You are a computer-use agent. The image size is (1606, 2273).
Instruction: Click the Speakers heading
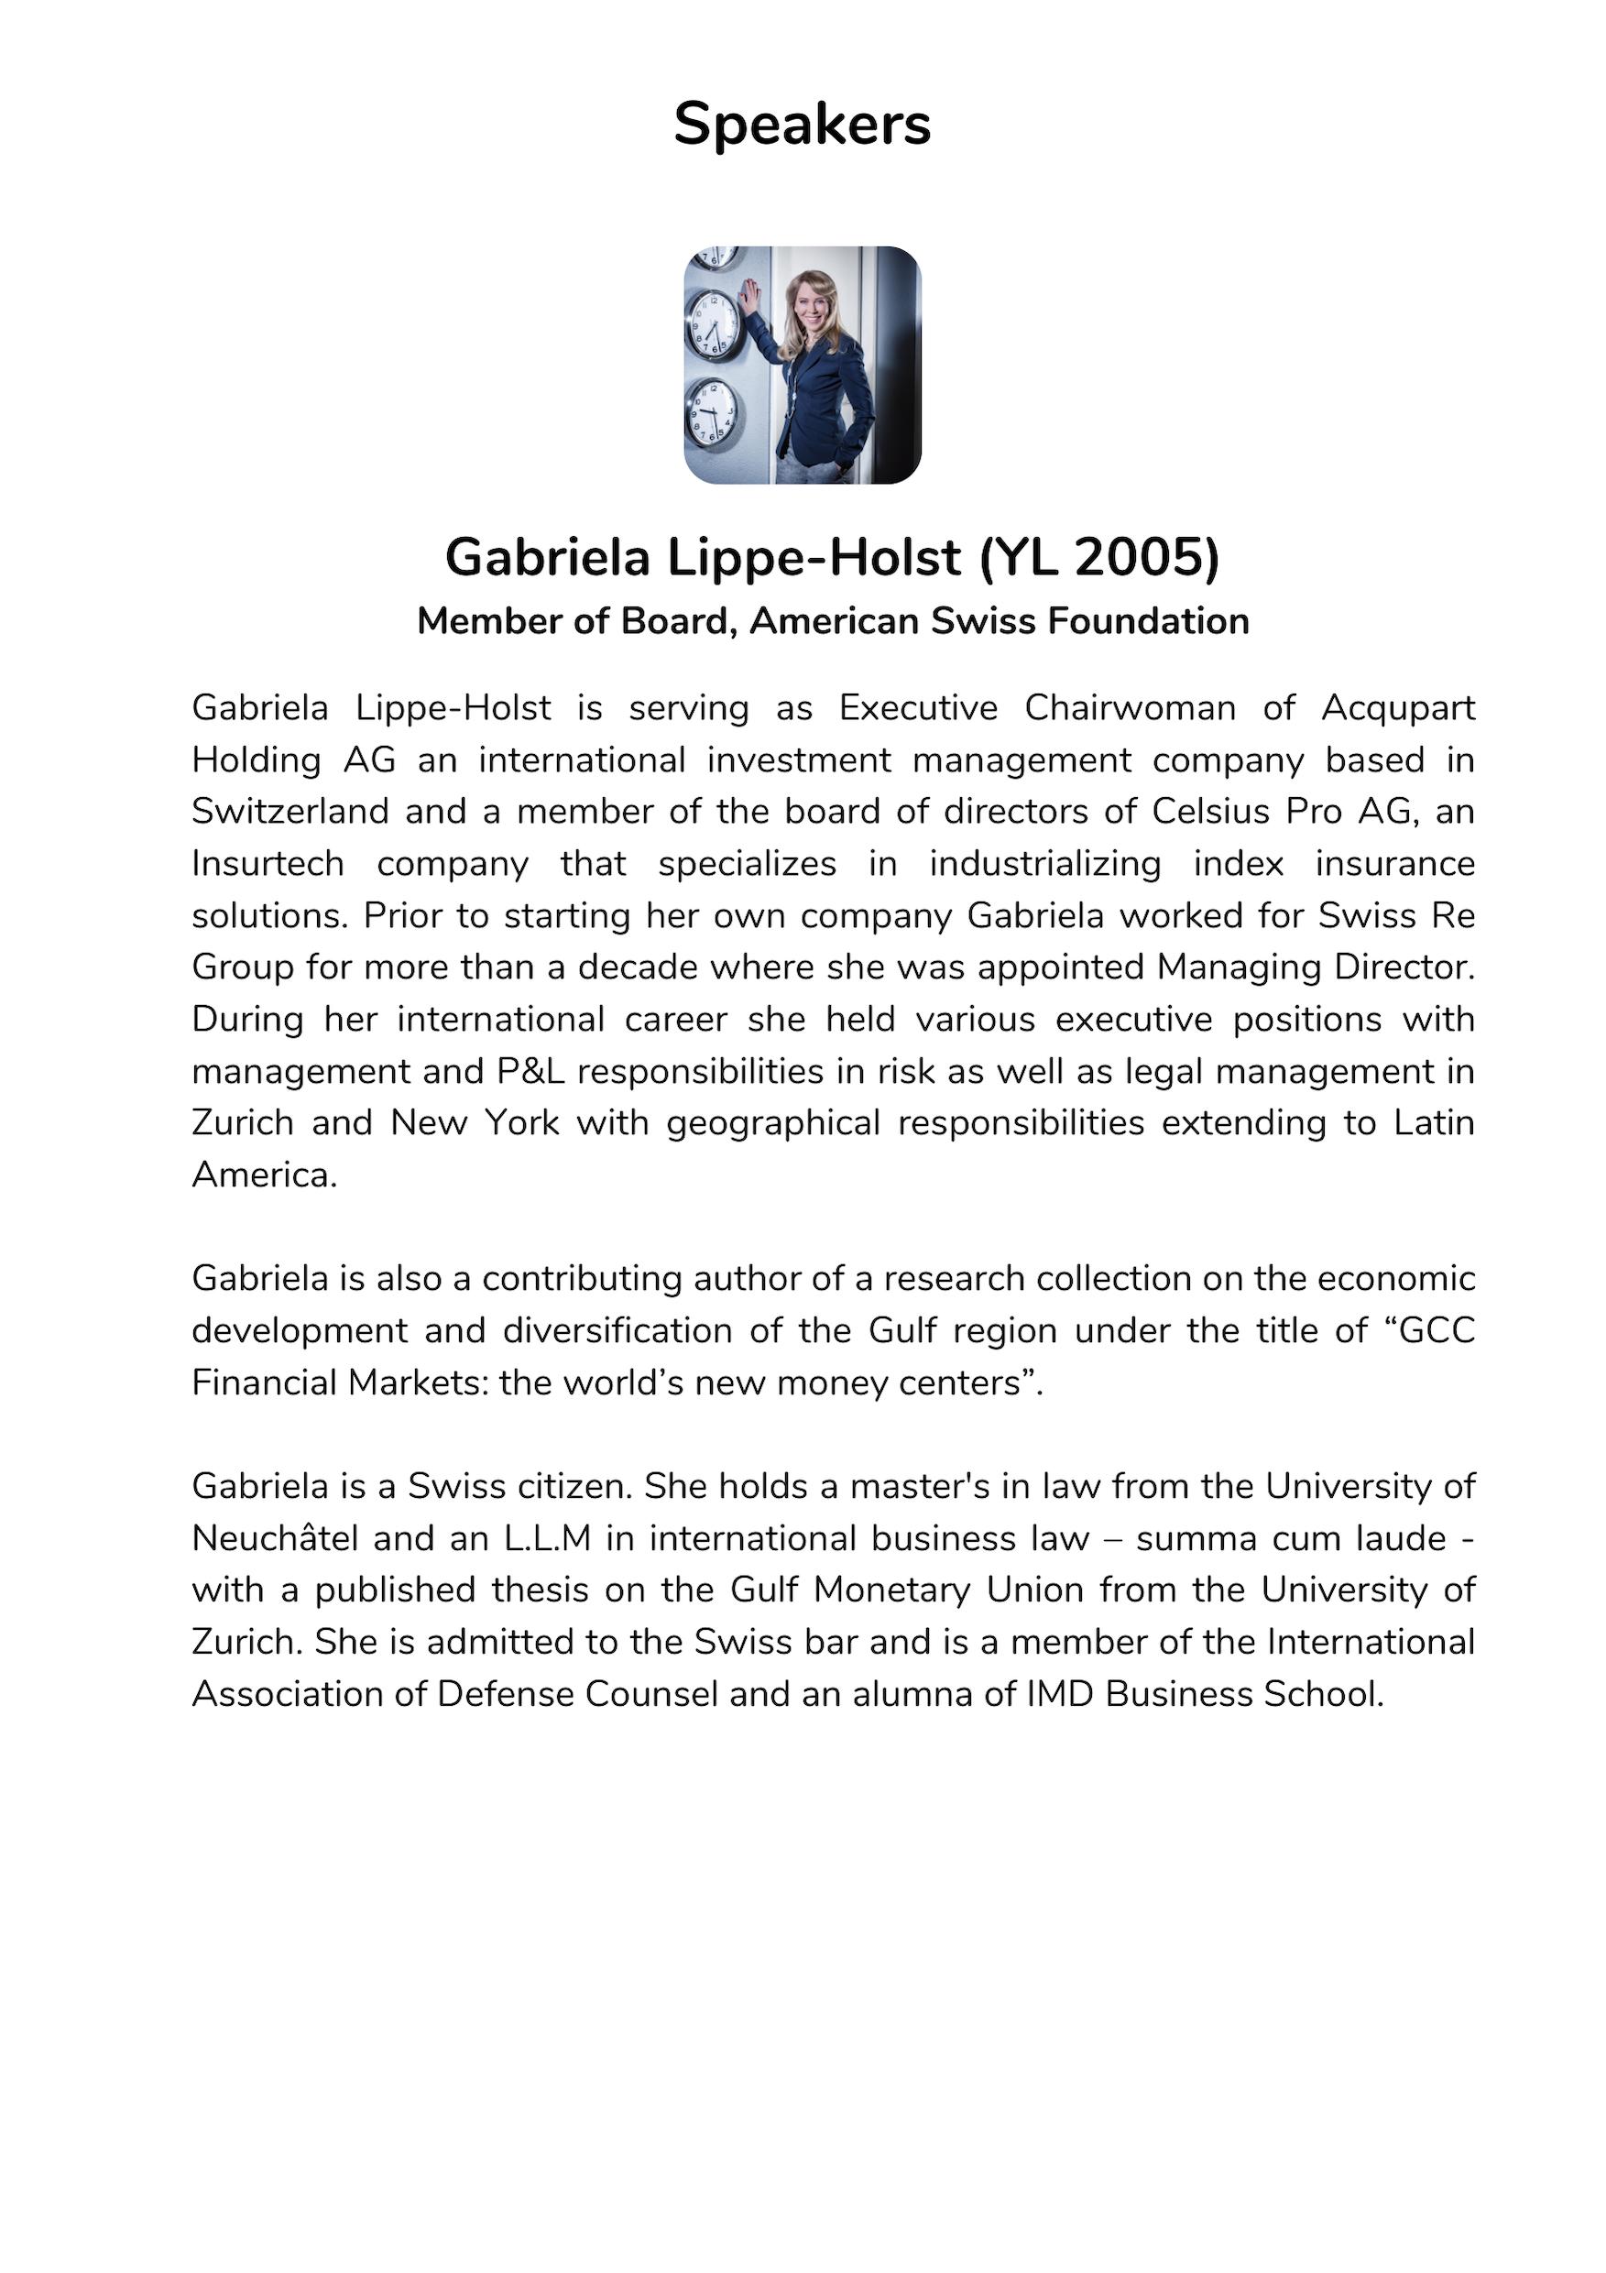click(802, 125)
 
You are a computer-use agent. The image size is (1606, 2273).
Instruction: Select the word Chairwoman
click(1130, 708)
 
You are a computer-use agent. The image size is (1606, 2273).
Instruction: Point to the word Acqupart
click(1398, 708)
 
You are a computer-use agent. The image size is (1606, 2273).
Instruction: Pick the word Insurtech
click(268, 864)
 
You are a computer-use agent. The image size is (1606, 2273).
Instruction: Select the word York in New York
click(522, 1123)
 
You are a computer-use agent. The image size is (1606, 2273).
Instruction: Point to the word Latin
click(1434, 1123)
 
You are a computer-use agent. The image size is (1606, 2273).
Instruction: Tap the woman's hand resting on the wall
click(751, 295)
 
